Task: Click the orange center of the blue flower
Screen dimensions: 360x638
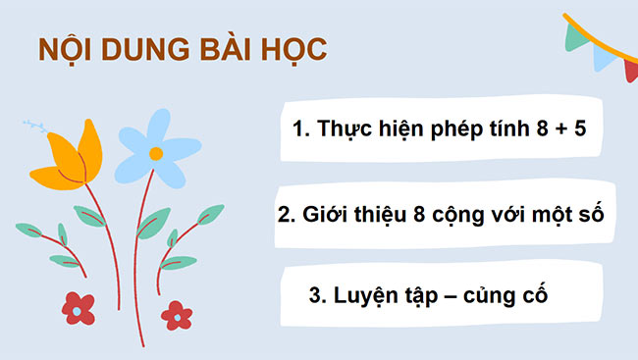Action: click(x=155, y=153)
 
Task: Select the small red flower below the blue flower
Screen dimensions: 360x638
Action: click(x=177, y=314)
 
